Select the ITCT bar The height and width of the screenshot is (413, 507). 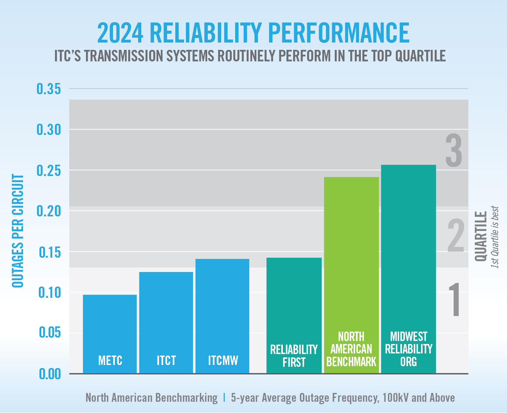pyautogui.click(x=166, y=322)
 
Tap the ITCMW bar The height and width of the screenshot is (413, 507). pyautogui.click(x=222, y=316)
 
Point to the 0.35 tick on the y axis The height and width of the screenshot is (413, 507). pyautogui.click(x=49, y=89)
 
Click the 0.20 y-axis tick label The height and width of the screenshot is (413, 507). pyautogui.click(x=49, y=211)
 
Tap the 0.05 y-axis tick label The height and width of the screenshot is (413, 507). pyautogui.click(x=50, y=333)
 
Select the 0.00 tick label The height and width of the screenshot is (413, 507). pyautogui.click(x=50, y=374)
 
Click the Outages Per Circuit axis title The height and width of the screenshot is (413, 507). pyautogui.click(x=18, y=231)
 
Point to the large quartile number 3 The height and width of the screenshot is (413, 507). pyautogui.click(x=454, y=151)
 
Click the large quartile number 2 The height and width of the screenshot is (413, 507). pyautogui.click(x=456, y=236)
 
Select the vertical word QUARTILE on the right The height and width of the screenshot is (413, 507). pyautogui.click(x=481, y=236)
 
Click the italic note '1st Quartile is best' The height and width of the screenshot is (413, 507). pyautogui.click(x=495, y=237)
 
